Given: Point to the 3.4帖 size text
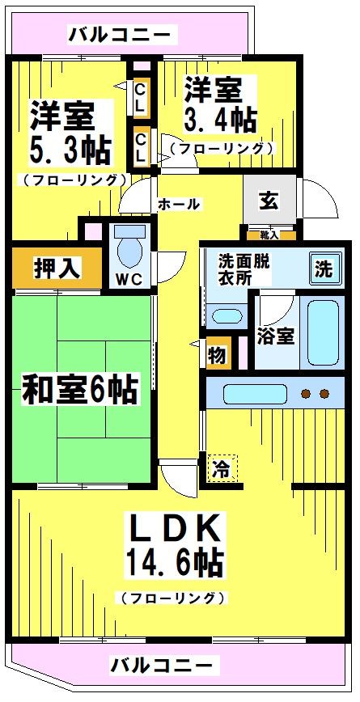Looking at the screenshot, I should point(220,119).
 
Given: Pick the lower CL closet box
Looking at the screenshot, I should point(140,146).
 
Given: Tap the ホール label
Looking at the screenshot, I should point(180,204).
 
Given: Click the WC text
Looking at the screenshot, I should point(128,280).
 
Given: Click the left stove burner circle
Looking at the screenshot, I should point(307,394).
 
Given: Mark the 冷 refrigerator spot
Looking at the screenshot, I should point(222,467).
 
